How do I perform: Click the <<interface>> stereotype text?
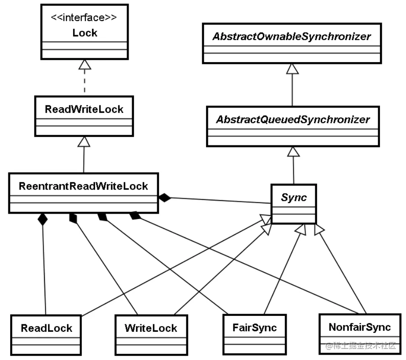click(x=84, y=18)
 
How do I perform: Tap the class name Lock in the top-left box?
click(x=85, y=33)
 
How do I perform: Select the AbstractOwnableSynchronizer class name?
click(x=292, y=37)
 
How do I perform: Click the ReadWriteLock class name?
click(x=84, y=109)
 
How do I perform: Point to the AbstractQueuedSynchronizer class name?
click(x=293, y=119)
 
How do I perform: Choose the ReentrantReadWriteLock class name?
click(x=83, y=186)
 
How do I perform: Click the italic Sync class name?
click(x=294, y=197)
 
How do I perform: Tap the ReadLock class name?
click(x=46, y=328)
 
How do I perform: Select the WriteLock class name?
click(x=151, y=328)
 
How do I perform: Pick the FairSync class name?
click(x=255, y=328)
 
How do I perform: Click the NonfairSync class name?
click(x=360, y=327)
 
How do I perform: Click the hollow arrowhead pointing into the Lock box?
click(x=85, y=64)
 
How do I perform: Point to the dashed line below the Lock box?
click(x=85, y=81)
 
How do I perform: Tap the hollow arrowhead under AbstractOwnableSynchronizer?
click(x=292, y=69)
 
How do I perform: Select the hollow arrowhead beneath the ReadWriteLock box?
click(x=84, y=141)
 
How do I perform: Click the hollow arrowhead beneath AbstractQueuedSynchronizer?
click(x=293, y=152)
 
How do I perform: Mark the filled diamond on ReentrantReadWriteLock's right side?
click(x=165, y=198)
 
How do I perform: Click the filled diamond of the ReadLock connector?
click(x=43, y=219)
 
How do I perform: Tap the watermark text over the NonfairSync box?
click(x=361, y=345)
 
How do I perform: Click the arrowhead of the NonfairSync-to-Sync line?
click(x=319, y=230)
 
